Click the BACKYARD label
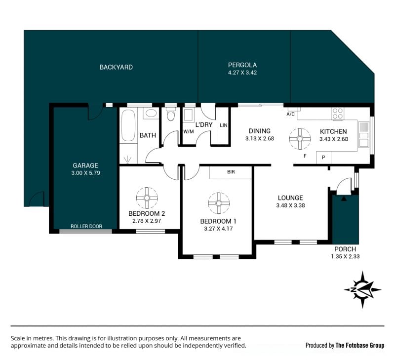[116, 67]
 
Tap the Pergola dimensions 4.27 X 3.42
[242, 73]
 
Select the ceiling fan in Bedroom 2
[147, 198]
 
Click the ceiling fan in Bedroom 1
[219, 203]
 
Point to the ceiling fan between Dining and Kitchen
[300, 139]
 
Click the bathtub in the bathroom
[128, 125]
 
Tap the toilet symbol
[171, 114]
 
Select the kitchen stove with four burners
[338, 114]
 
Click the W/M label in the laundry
[189, 131]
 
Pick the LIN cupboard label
[224, 125]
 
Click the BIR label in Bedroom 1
[231, 172]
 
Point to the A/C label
[290, 114]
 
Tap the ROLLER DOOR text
[86, 226]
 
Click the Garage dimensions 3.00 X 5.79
[85, 173]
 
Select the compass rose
[362, 290]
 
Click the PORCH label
[345, 249]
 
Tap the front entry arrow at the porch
[344, 199]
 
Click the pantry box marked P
[323, 158]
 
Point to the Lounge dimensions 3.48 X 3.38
[290, 205]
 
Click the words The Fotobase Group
[360, 345]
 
